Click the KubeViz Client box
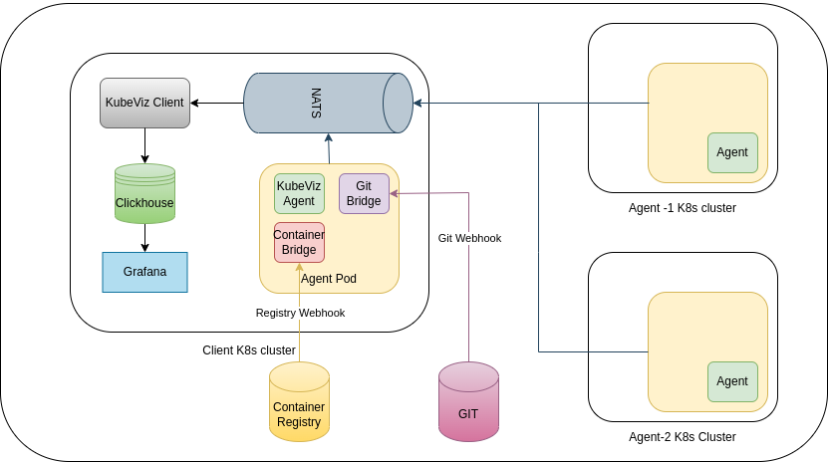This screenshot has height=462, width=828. (144, 103)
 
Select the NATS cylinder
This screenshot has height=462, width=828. (328, 103)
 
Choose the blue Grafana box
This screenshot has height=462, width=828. (144, 272)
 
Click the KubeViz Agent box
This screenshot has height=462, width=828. (299, 193)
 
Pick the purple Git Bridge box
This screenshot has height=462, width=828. (364, 193)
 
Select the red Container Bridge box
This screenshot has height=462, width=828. (299, 242)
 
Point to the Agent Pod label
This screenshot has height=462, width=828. (328, 279)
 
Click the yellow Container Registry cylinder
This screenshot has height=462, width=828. (299, 401)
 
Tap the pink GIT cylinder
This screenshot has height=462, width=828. (468, 401)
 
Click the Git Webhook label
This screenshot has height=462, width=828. (469, 238)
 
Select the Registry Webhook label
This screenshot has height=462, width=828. (300, 313)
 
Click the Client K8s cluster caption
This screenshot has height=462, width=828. (249, 350)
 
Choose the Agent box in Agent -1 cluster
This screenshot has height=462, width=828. (732, 152)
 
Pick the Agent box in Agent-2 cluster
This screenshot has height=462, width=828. (732, 381)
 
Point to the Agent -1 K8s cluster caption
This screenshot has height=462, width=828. (683, 208)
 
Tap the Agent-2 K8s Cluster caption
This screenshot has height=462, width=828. (683, 437)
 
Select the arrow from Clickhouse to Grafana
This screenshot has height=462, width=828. (144, 238)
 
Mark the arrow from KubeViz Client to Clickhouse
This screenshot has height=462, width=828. (144, 145)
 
